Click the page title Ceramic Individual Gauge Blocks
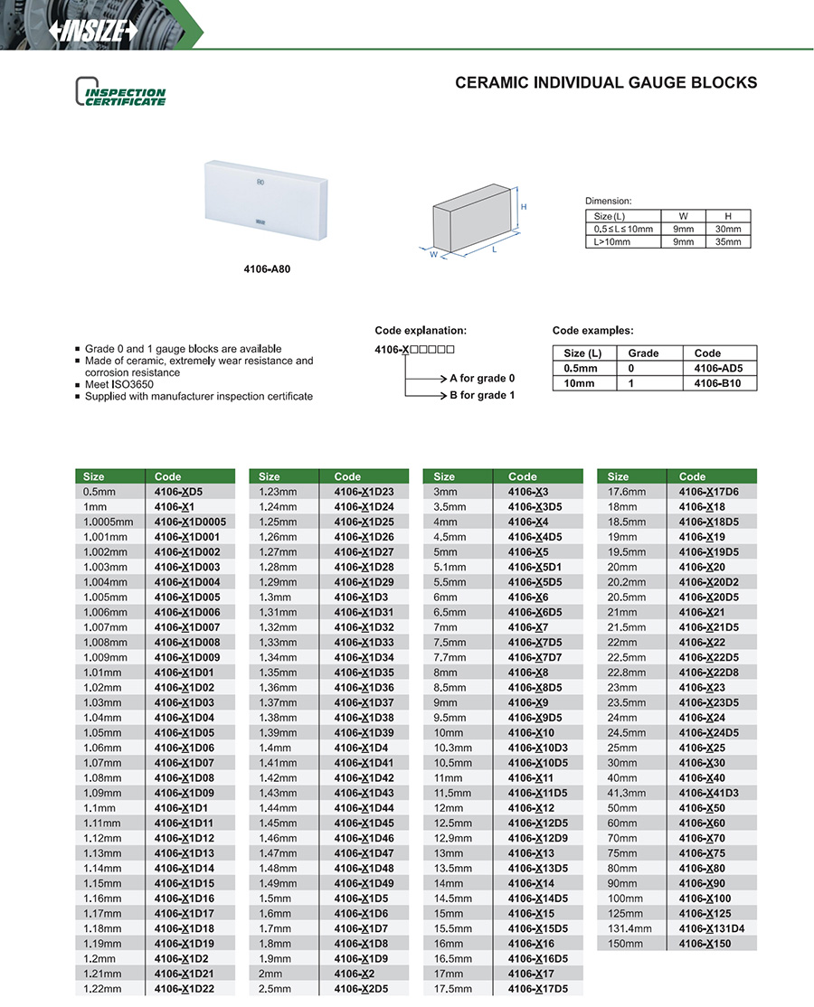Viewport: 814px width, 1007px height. tap(605, 83)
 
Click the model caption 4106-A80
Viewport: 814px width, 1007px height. tap(269, 268)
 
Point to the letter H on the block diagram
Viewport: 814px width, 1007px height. tap(524, 207)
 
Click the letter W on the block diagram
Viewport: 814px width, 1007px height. tap(433, 254)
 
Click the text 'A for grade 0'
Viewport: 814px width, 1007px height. tap(482, 378)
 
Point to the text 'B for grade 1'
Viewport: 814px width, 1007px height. tap(482, 395)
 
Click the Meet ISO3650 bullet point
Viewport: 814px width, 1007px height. tap(118, 384)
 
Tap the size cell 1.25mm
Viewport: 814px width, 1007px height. tap(277, 522)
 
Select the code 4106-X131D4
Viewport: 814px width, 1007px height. tap(712, 928)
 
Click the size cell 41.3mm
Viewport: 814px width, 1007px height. tap(622, 793)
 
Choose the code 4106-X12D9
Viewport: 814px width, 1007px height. tap(537, 838)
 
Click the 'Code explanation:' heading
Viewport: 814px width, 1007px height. tap(421, 331)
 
